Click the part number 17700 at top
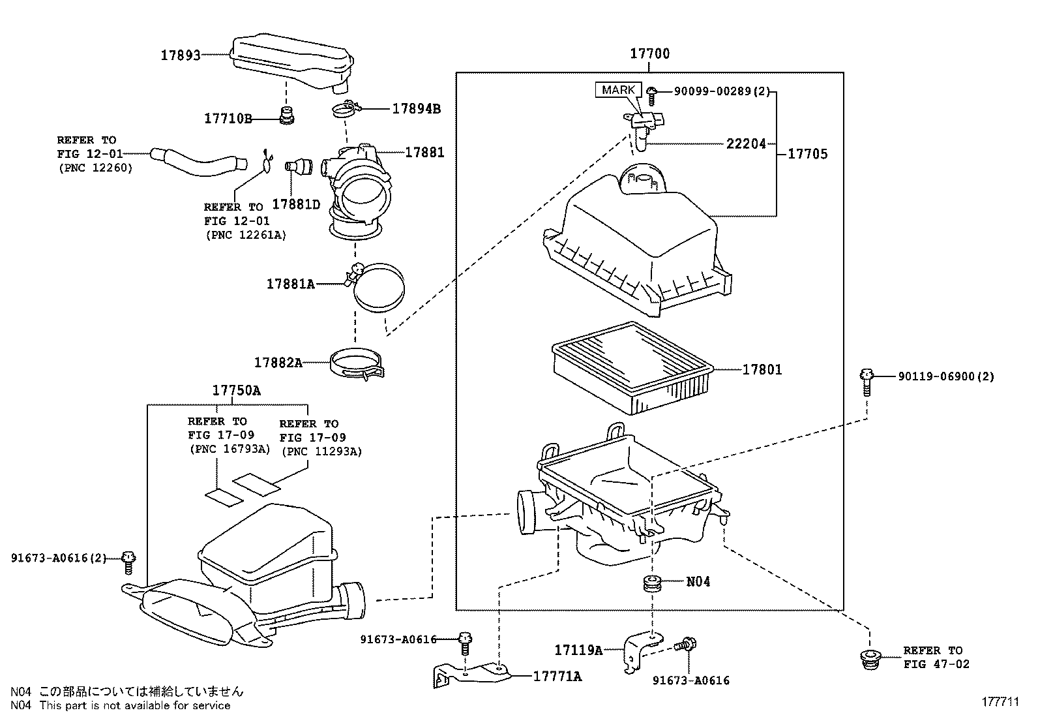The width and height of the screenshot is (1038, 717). point(649,54)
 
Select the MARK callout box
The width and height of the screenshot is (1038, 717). point(618,90)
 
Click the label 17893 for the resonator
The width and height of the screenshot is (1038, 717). point(181,55)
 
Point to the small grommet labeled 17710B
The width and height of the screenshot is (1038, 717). point(286,115)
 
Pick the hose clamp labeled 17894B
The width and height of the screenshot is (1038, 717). point(348,110)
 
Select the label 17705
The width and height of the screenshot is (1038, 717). point(808,154)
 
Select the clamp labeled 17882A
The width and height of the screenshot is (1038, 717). point(357,363)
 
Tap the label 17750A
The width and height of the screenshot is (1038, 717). point(236,391)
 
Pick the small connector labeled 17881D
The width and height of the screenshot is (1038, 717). point(297,166)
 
